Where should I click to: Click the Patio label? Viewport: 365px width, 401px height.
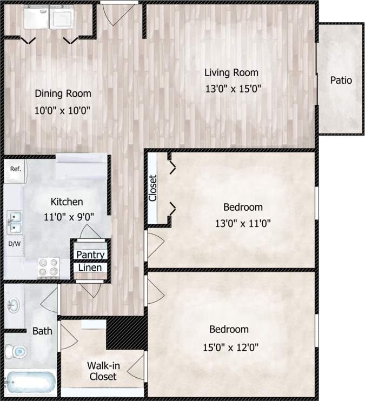341,81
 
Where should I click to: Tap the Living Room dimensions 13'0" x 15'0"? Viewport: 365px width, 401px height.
233,89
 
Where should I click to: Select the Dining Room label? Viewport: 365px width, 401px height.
63,93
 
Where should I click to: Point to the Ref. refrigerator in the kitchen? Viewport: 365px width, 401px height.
15,169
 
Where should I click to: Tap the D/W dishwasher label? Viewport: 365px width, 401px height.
14,244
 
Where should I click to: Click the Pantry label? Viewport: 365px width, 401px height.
90,255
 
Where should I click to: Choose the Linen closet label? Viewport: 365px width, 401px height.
90,268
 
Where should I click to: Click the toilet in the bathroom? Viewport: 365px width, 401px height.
16,352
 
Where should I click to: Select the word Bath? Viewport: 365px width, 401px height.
42,331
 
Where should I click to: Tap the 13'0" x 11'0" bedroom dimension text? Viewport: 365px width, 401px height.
243,222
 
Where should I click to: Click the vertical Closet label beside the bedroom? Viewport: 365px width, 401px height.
152,188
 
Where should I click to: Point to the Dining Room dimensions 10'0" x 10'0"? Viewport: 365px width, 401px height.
63,110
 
